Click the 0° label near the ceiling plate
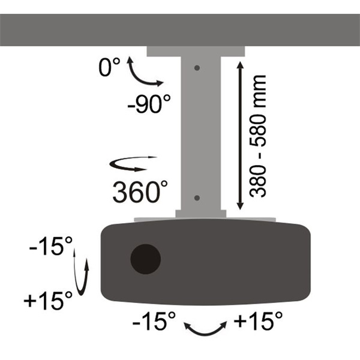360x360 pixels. point(109,67)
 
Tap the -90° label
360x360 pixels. point(149,104)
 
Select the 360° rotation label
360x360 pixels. point(140,192)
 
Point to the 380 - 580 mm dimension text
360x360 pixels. point(257,136)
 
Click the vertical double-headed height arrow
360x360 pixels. point(240,136)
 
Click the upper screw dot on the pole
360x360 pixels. point(197,68)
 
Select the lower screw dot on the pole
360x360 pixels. point(197,197)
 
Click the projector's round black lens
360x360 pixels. point(146,259)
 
